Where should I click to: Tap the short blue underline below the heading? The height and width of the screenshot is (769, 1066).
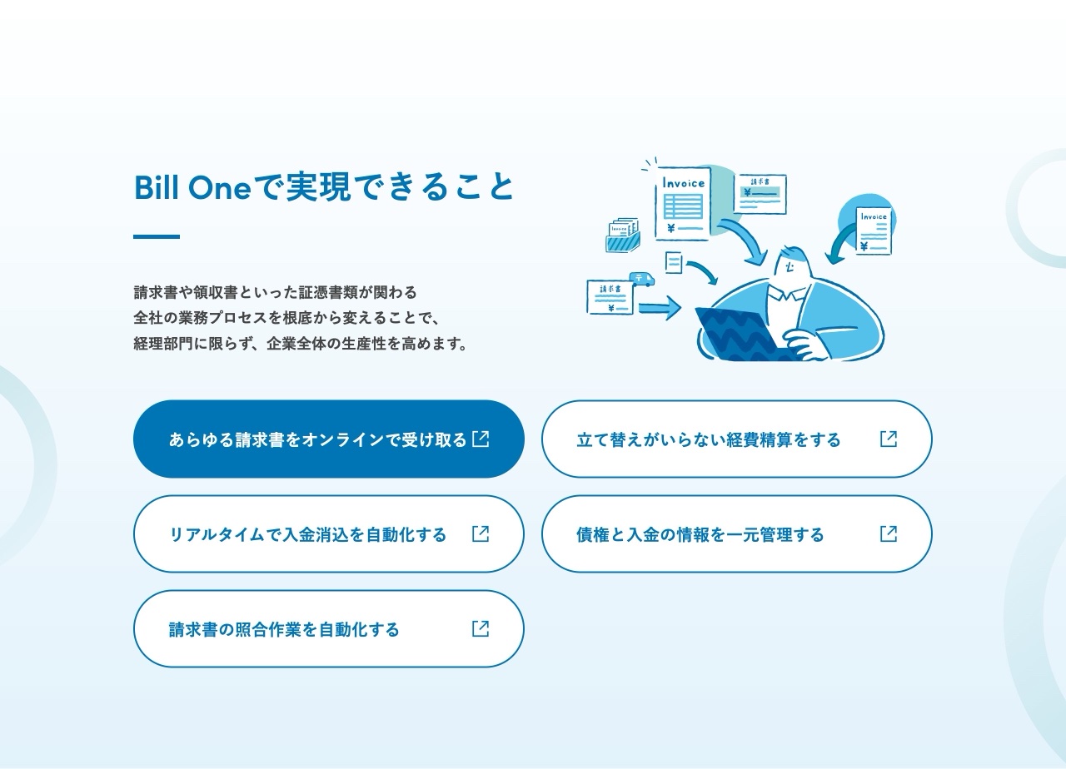pos(157,237)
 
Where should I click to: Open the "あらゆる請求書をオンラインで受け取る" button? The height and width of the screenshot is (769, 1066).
pos(317,439)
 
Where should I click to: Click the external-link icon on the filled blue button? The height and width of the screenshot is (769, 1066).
pos(481,439)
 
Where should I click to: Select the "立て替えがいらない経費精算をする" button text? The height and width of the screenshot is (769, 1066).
pos(708,439)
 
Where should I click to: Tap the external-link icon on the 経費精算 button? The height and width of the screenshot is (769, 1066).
pos(889,439)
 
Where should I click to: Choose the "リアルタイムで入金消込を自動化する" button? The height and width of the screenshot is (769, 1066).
pos(307,534)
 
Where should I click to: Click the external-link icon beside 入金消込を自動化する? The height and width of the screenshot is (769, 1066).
pos(481,533)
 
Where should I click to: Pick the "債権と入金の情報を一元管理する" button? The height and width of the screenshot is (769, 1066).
pos(700,534)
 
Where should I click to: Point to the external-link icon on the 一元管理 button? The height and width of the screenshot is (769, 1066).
pos(889,533)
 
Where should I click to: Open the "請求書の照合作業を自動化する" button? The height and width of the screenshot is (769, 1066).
pos(284,629)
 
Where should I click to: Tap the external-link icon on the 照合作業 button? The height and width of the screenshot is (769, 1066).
pos(481,628)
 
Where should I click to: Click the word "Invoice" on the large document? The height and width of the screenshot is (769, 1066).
pos(683,183)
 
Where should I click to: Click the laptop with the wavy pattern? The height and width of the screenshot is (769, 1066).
pos(737,333)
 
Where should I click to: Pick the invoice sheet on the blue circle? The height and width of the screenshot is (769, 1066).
pos(874,230)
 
